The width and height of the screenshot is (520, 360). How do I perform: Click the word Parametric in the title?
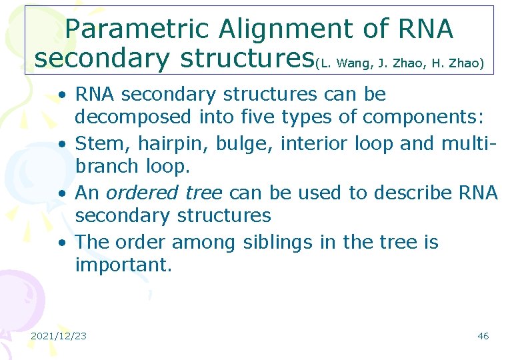(x=138, y=29)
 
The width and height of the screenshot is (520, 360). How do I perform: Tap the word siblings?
(x=275, y=242)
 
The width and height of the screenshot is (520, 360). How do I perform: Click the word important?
(x=123, y=266)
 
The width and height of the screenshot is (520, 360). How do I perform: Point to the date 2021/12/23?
(x=59, y=335)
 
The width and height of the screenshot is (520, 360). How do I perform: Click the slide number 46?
(x=483, y=335)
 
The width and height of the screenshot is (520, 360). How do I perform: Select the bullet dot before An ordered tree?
(x=61, y=193)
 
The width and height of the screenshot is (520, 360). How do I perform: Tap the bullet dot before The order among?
(x=61, y=243)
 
